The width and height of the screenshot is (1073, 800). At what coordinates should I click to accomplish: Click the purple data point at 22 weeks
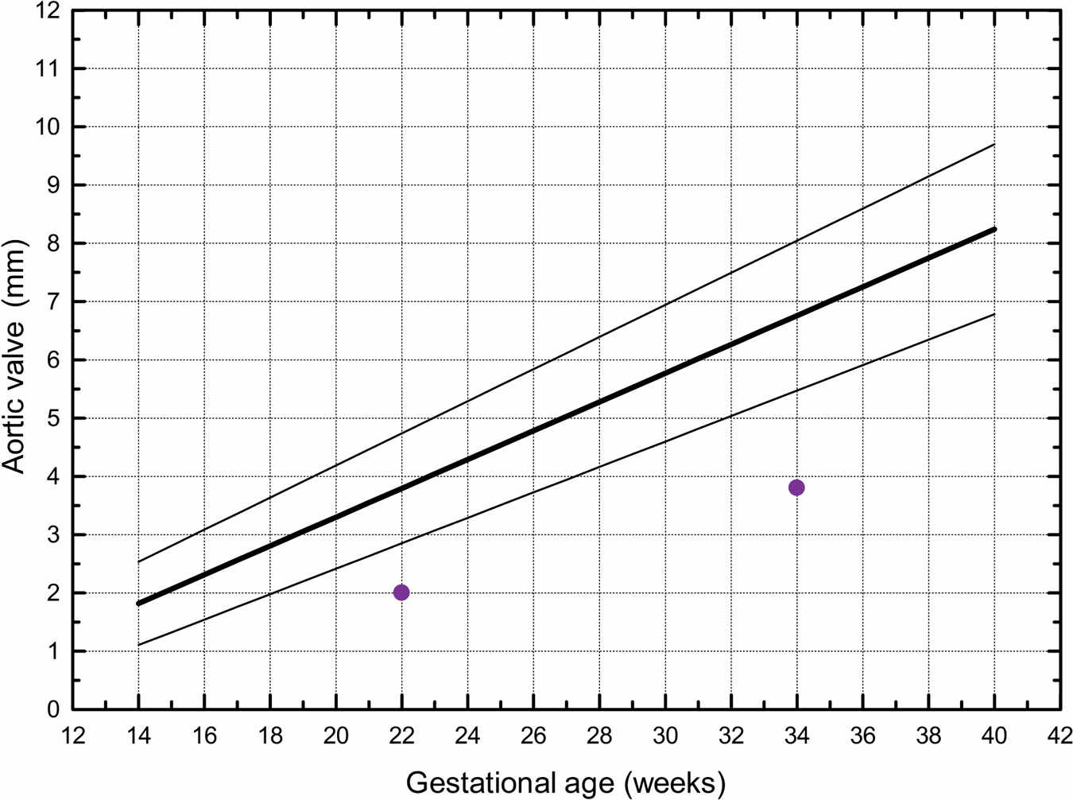(x=401, y=592)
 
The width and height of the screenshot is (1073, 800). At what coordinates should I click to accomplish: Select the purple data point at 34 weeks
(x=796, y=487)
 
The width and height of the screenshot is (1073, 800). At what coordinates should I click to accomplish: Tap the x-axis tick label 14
(x=138, y=736)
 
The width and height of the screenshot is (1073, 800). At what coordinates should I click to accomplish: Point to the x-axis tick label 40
(x=994, y=736)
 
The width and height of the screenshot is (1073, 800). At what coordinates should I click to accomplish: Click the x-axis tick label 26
(x=533, y=736)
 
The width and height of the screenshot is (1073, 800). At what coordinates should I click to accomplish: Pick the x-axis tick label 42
(x=1059, y=736)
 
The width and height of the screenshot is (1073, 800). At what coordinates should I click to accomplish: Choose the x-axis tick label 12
(x=73, y=736)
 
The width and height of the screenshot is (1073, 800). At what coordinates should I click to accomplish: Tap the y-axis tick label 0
(x=52, y=709)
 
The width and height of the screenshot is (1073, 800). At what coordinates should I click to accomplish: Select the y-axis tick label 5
(x=52, y=418)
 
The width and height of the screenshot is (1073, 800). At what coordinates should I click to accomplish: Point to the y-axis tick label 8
(x=52, y=243)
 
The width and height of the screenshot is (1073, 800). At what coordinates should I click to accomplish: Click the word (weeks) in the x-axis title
(x=675, y=783)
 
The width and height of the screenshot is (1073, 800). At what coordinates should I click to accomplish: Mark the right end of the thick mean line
(x=994, y=230)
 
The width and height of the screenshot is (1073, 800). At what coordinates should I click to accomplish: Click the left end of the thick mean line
(x=139, y=604)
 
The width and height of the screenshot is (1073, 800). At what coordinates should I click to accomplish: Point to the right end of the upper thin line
(x=994, y=144)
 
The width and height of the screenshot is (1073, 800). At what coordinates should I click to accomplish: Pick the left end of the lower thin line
(x=139, y=645)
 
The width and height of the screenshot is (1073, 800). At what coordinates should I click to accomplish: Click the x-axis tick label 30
(x=665, y=736)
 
